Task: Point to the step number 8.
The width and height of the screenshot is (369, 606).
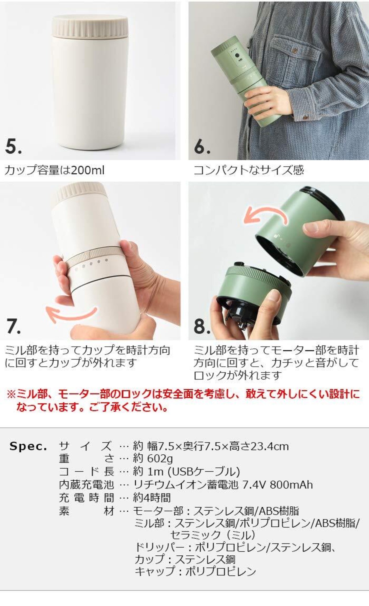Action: click(x=202, y=326)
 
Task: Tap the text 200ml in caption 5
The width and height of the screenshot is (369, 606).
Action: click(x=87, y=170)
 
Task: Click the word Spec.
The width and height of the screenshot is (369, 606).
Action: click(x=28, y=447)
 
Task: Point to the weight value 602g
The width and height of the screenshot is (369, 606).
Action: click(x=160, y=459)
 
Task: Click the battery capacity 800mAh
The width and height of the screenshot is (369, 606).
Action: click(x=291, y=485)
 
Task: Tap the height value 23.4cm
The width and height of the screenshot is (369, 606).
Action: click(x=270, y=446)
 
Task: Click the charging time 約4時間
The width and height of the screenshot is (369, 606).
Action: click(x=152, y=498)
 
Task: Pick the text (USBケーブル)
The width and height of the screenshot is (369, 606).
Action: click(x=204, y=472)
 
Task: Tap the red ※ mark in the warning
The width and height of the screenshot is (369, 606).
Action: click(x=12, y=394)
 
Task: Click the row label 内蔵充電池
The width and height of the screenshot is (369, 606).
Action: click(x=86, y=485)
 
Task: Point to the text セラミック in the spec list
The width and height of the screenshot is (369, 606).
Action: click(x=195, y=535)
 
